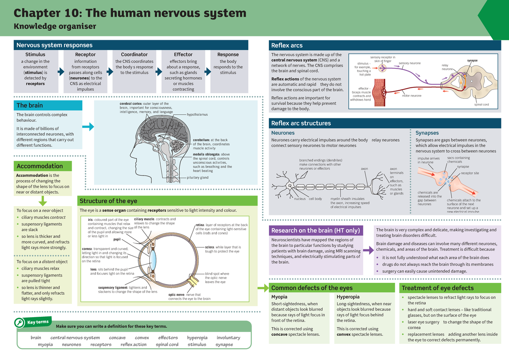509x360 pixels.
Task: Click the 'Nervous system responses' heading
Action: [54, 45]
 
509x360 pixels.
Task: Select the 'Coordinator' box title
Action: [134, 55]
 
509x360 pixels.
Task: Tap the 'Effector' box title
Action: [183, 55]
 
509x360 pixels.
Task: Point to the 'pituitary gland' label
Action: [198, 178]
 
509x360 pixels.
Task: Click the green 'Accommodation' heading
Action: [39, 166]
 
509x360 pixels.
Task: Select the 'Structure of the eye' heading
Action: [109, 201]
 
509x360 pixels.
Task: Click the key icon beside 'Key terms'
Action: [20, 324]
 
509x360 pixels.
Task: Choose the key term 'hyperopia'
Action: [197, 338]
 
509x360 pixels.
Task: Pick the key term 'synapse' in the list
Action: [224, 345]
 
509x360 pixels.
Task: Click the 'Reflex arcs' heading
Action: [287, 45]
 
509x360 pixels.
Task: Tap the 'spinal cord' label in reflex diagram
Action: [481, 105]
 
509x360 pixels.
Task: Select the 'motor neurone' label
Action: [411, 96]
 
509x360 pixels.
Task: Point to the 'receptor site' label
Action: [470, 173]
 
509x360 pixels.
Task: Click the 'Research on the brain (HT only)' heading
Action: [316, 231]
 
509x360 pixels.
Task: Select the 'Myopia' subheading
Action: [279, 297]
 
